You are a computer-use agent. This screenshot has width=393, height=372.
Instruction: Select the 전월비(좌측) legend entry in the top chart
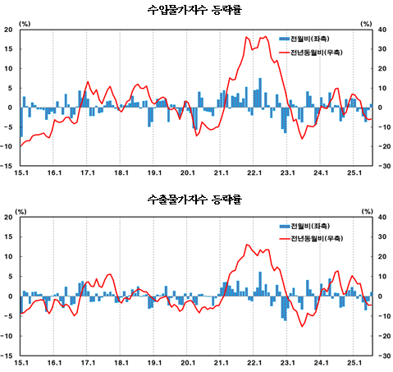(312, 39)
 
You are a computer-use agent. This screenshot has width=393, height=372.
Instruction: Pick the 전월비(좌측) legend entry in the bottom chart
(312, 226)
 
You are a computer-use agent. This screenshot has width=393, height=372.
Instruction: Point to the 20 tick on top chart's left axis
(8, 30)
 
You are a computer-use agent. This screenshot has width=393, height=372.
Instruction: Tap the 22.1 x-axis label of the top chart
(254, 173)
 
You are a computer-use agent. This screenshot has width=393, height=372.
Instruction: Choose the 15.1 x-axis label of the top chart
(21, 173)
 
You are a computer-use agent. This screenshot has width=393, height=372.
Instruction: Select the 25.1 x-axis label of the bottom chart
(354, 361)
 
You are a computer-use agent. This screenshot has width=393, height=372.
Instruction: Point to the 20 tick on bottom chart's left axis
(8, 218)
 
